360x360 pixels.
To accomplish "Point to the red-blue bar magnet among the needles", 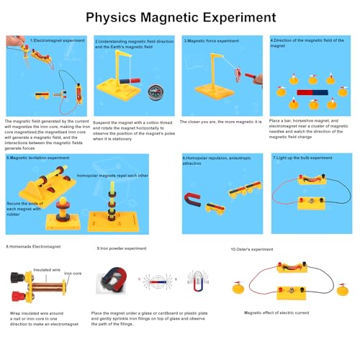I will tap(313, 92).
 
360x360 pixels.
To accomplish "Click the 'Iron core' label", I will tap(73, 274).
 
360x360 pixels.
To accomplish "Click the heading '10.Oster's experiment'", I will tap(251, 248).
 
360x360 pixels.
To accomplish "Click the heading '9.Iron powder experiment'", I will tap(122, 248).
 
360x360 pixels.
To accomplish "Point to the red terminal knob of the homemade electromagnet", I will tap(17, 295).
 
